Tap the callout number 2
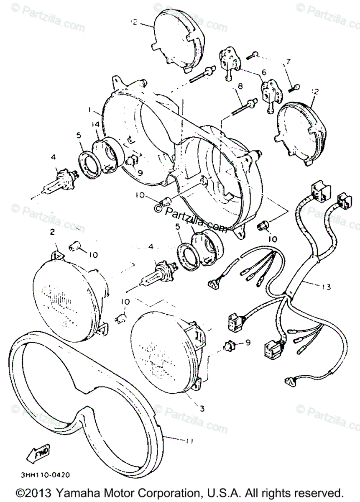coord(52,232)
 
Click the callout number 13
coord(326,287)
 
